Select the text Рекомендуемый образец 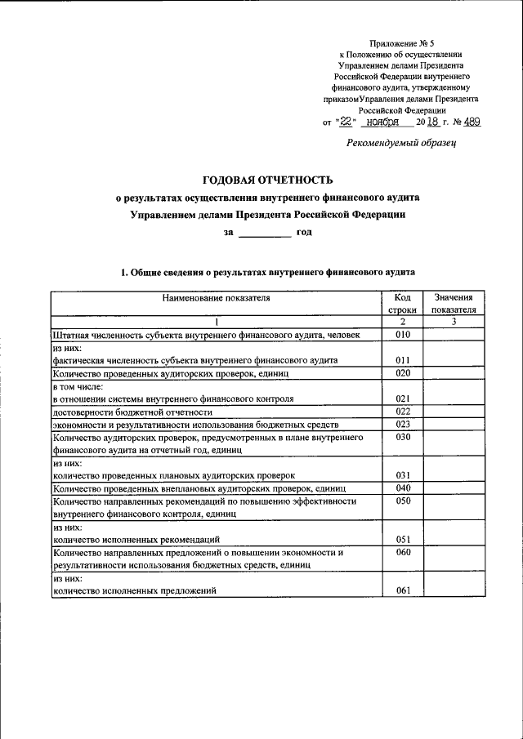coord(401,142)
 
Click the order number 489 coord(472,122)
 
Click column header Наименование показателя coord(216,298)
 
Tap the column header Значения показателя coord(454,304)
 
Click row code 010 coord(402,335)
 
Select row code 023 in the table coord(402,424)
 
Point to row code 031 coord(402,474)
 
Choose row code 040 coord(402,487)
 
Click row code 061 coord(402,591)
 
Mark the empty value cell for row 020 coord(454,373)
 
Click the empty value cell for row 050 coord(454,508)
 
